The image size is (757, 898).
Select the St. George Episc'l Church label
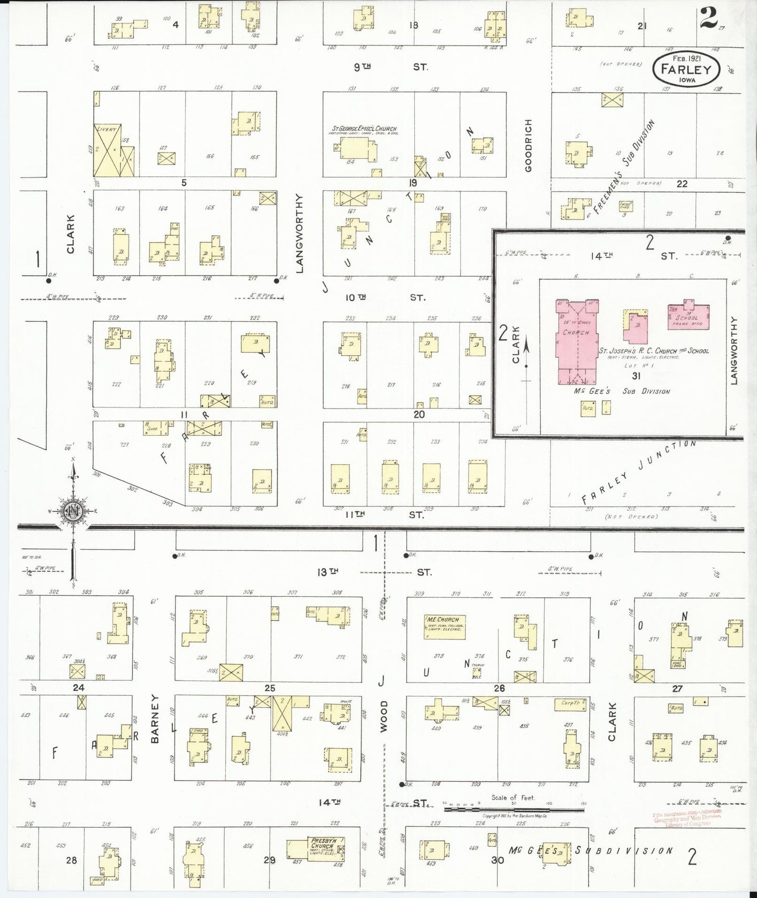(x=364, y=128)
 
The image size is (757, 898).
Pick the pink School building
(x=688, y=316)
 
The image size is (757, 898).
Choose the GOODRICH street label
(x=528, y=146)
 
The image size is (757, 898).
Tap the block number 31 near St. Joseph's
(x=637, y=376)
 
